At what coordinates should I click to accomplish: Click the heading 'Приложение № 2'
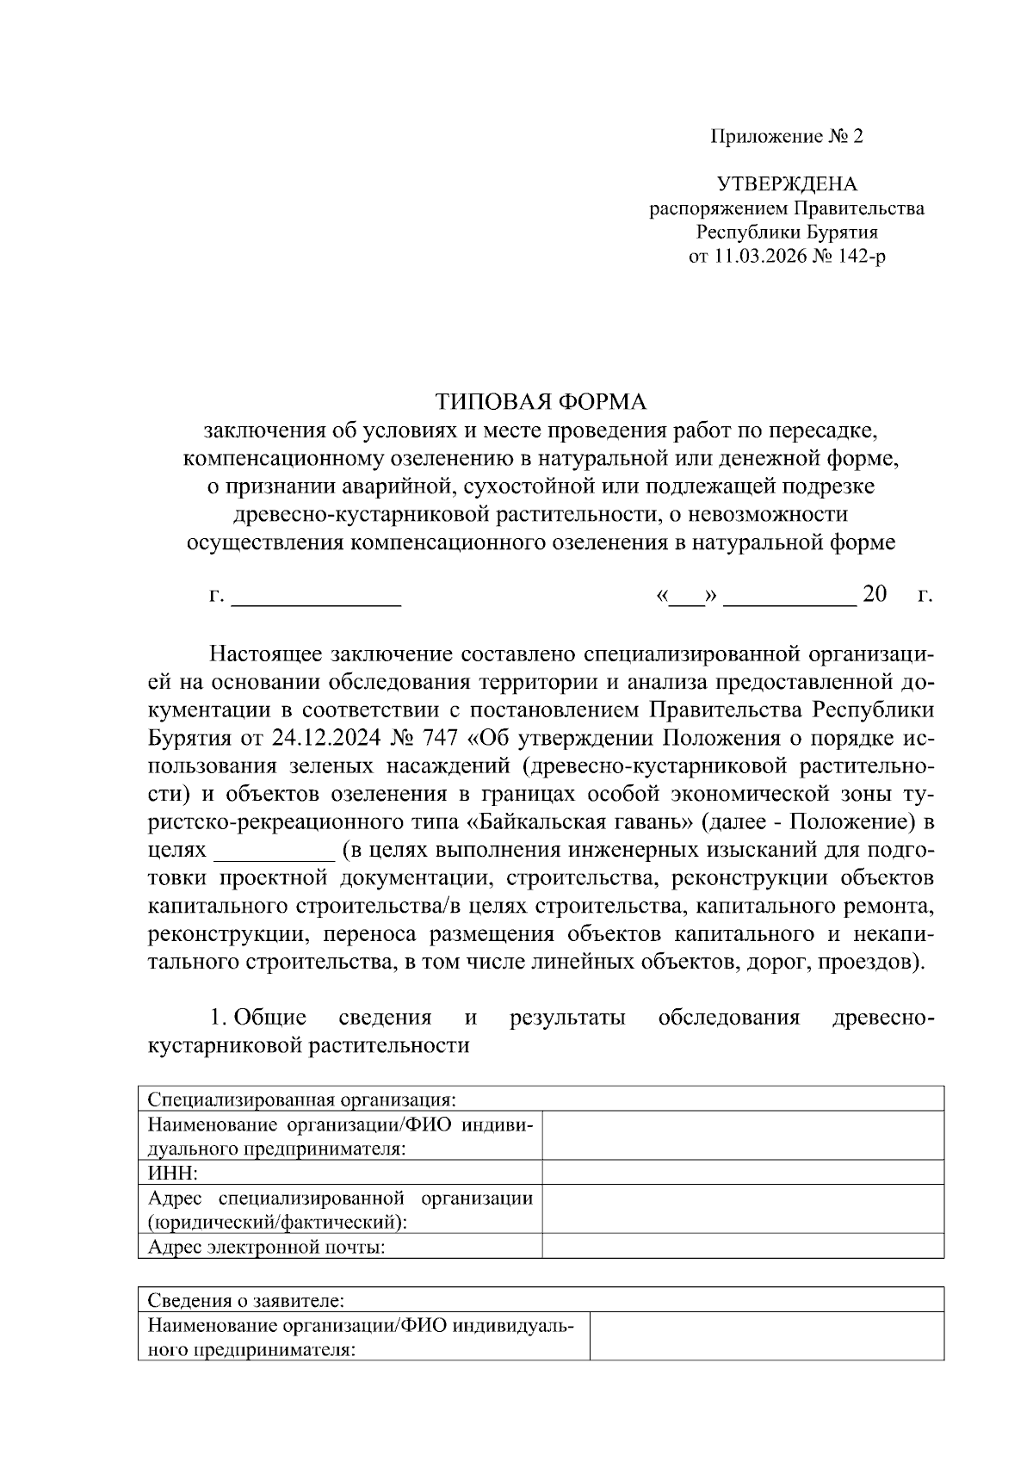click(786, 137)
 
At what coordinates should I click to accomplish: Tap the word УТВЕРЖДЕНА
click(787, 184)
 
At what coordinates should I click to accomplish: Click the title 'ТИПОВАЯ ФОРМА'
click(540, 402)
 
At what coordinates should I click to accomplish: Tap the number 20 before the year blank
click(874, 595)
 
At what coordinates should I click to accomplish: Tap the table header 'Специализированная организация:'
click(301, 1100)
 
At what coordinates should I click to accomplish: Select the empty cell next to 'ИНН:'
click(742, 1173)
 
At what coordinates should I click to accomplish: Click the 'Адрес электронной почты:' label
click(266, 1247)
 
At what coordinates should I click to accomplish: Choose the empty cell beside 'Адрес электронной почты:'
click(742, 1247)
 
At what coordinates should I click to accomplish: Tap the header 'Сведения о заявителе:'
click(246, 1300)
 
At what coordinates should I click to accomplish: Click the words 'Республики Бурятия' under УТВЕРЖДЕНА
click(787, 232)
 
